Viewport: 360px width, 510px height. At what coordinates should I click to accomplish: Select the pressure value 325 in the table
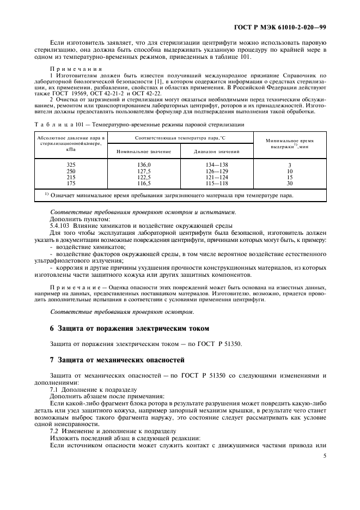click(x=71, y=165)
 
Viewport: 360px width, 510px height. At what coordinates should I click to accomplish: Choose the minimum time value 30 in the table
click(x=290, y=183)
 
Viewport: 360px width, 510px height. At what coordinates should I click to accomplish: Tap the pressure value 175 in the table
click(x=71, y=183)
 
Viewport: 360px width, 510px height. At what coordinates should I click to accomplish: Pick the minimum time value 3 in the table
click(x=290, y=165)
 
